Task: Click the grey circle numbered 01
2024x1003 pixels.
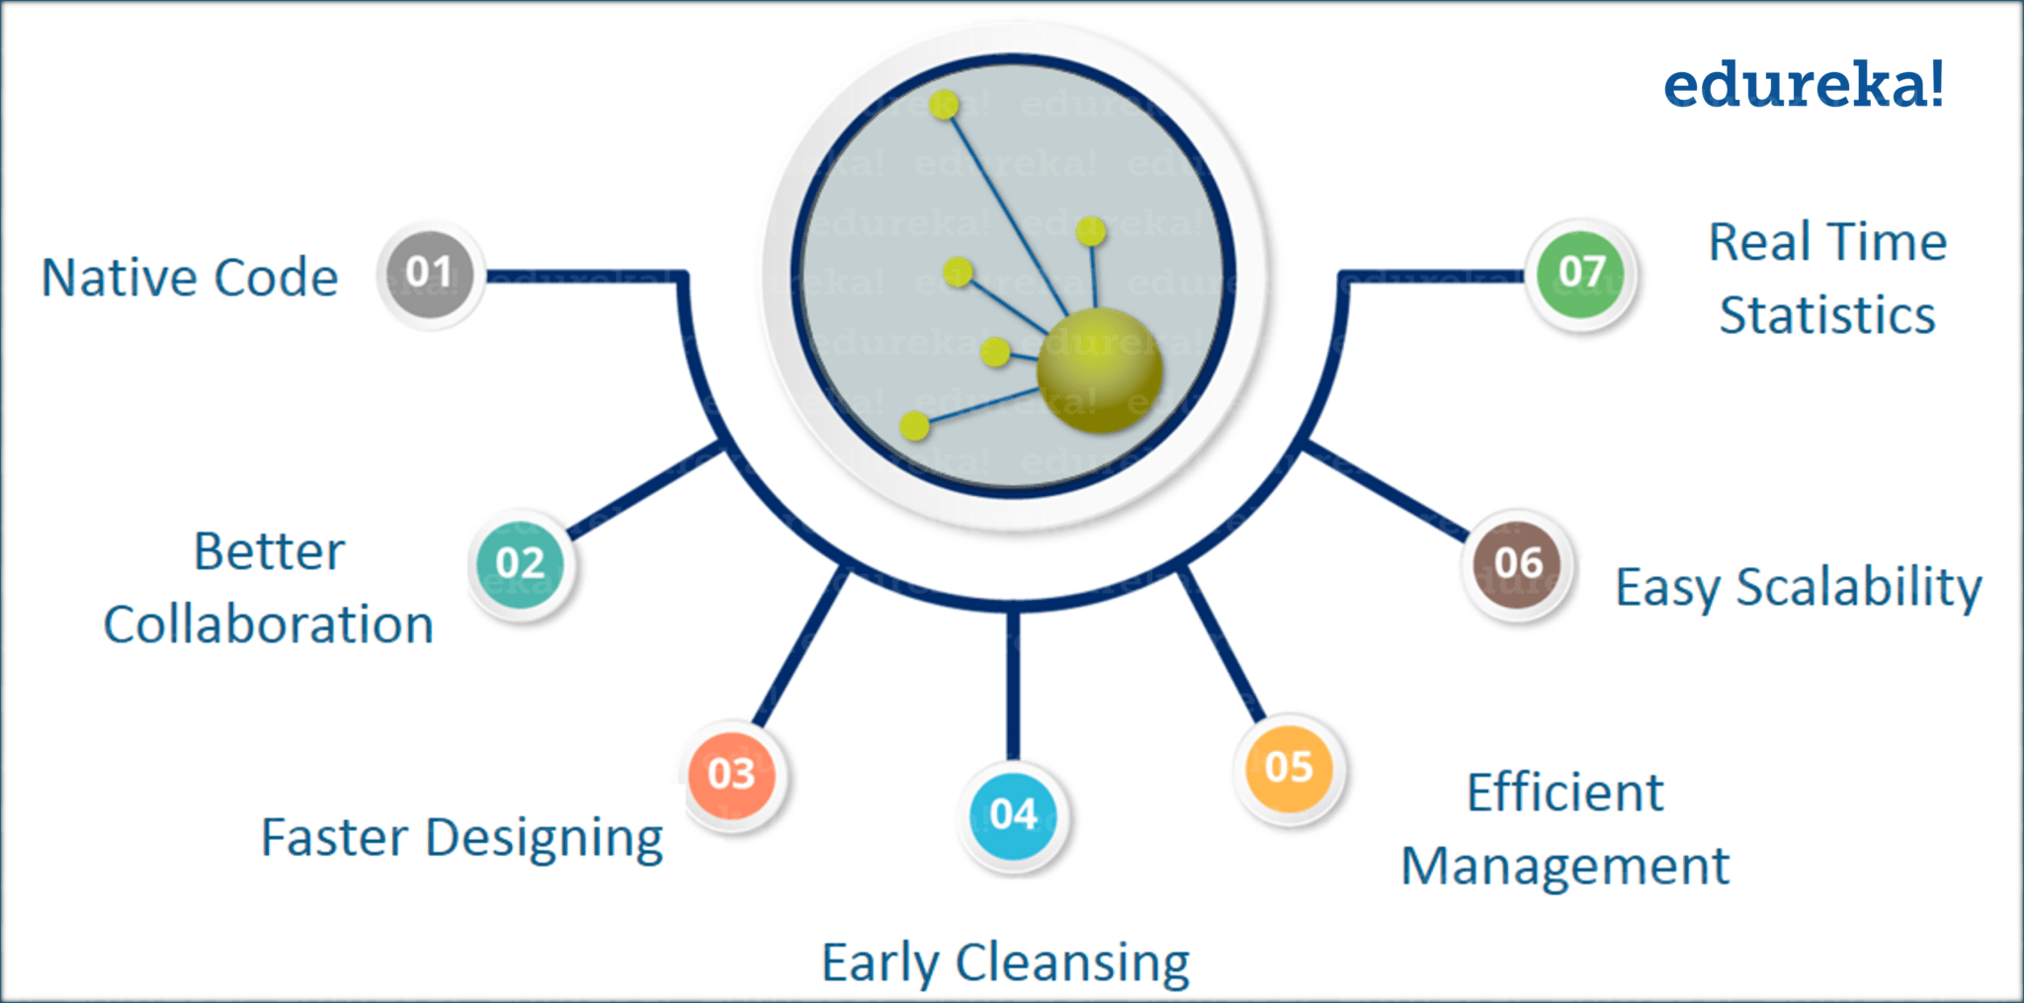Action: point(430,274)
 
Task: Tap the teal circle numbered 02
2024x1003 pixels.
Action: point(521,564)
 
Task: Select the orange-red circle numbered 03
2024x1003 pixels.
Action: point(732,774)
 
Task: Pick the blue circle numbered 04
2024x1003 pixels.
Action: point(1013,815)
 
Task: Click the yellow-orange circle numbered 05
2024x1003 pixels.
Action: point(1289,768)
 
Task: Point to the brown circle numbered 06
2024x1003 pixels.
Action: point(1518,563)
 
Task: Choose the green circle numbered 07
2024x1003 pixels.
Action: point(1581,273)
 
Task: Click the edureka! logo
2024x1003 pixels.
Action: point(1805,85)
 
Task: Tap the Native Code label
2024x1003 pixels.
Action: point(190,278)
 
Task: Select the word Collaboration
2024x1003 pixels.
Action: point(269,626)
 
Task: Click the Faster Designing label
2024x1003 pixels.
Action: point(462,839)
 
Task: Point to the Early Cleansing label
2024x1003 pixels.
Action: point(1005,962)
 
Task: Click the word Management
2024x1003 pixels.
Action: point(1565,868)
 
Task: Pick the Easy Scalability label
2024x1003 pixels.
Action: point(1798,587)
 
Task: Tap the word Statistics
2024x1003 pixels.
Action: point(1827,316)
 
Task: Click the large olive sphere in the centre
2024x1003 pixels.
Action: point(1100,370)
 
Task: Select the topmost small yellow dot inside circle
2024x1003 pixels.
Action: point(944,105)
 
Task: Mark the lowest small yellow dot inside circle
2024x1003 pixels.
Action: point(915,426)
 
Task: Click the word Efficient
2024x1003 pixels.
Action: point(1564,793)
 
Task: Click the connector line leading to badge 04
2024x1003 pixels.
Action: point(1013,682)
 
